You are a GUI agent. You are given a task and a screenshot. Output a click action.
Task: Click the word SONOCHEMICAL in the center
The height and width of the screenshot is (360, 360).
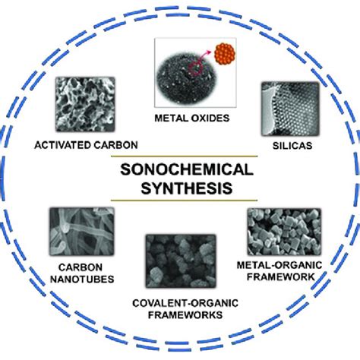point(187,169)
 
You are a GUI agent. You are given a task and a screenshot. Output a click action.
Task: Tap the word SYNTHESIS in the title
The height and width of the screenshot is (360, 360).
point(187,188)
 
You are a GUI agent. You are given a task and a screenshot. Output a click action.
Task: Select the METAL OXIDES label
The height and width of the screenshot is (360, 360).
point(192,118)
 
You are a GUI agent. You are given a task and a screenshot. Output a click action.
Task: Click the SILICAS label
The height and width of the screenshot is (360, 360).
point(292,146)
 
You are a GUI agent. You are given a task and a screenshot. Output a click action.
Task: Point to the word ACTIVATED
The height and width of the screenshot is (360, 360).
point(63,145)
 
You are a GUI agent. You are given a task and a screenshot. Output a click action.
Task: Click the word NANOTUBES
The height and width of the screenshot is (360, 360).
point(82,279)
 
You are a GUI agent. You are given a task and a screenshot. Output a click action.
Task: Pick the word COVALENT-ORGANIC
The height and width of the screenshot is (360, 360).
point(185,303)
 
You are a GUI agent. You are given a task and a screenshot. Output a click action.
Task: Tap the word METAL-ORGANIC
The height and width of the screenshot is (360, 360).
point(279,265)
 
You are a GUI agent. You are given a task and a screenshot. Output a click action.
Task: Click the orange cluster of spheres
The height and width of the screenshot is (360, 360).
point(225,54)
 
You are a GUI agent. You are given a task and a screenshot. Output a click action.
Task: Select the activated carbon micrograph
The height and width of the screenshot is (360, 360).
point(85,104)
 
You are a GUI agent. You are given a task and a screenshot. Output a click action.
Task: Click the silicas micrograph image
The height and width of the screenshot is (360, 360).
point(290,109)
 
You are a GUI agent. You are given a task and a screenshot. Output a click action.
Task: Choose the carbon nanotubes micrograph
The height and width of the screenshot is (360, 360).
point(82,232)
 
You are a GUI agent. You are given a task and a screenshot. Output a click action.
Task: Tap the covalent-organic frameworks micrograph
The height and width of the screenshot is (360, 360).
point(181,261)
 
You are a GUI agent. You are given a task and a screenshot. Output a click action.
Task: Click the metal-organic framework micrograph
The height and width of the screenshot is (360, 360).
point(284,232)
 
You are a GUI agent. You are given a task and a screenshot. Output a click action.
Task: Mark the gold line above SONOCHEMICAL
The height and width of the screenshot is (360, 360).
point(184,156)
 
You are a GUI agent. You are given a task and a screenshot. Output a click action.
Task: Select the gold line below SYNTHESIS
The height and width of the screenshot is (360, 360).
point(184,201)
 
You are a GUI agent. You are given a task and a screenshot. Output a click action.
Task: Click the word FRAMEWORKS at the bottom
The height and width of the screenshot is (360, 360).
point(185,315)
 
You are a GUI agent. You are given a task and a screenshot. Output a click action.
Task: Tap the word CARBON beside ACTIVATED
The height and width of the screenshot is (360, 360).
point(115,145)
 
